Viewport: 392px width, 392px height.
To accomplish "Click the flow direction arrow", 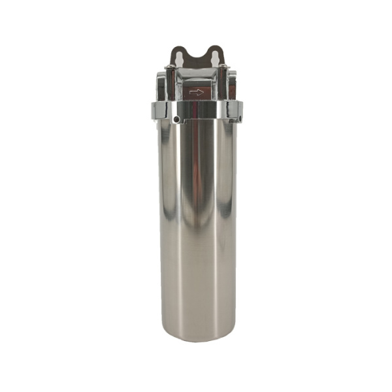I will point(196,93).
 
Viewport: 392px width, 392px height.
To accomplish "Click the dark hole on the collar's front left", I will point(177,119).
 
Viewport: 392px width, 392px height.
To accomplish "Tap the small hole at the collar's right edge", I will point(239,119).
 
